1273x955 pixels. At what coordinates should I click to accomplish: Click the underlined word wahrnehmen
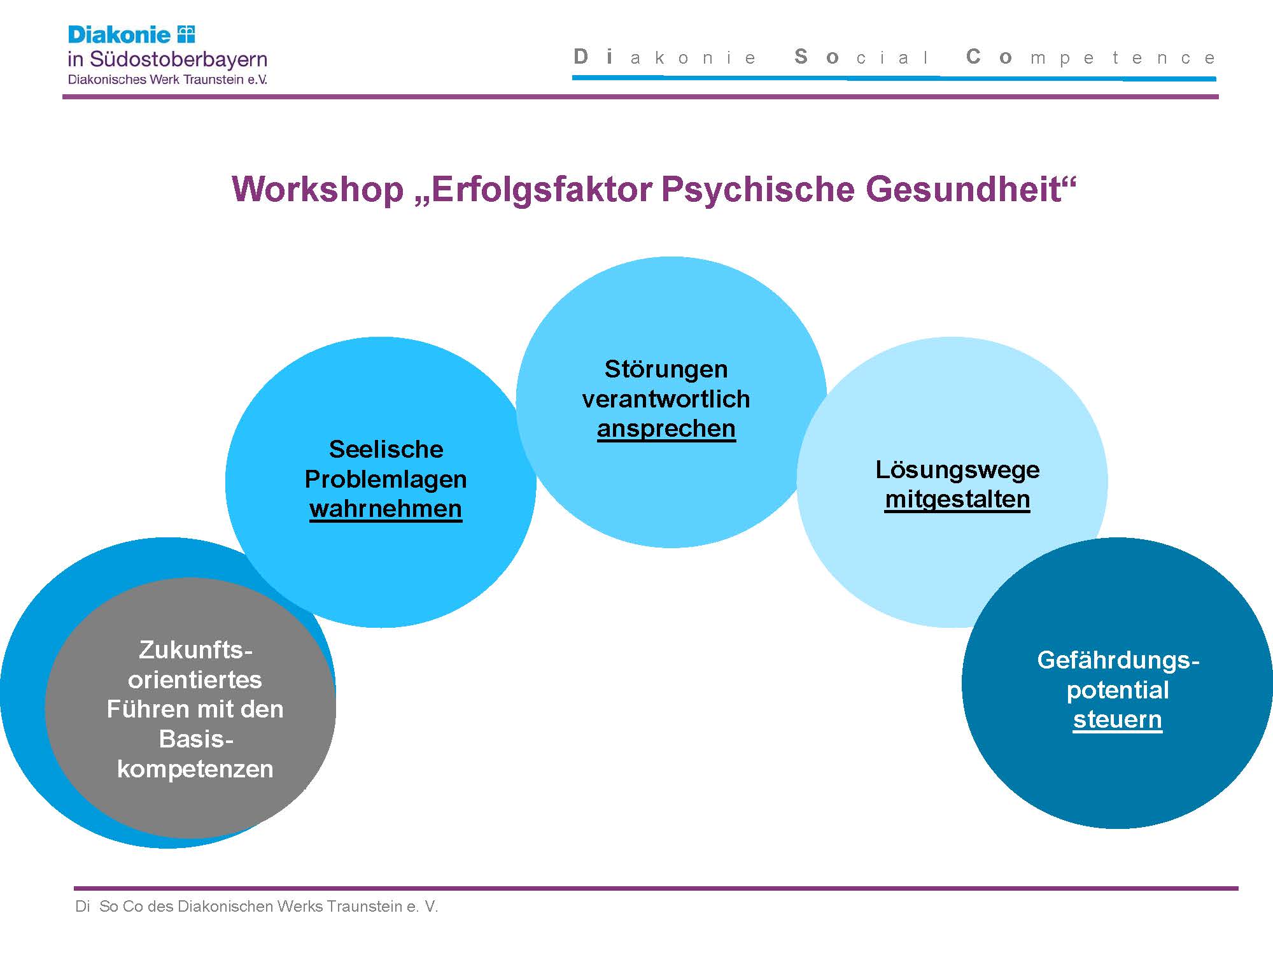point(386,509)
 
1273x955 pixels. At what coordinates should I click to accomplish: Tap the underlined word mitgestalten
point(957,499)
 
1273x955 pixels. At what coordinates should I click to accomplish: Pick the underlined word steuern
point(1118,720)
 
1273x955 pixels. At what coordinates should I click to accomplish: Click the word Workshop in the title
point(318,189)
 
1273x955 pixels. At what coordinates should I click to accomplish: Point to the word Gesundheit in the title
point(964,189)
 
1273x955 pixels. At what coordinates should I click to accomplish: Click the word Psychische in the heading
point(757,189)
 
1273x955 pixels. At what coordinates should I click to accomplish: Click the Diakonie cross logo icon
point(186,34)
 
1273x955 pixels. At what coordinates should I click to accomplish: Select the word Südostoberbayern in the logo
point(178,59)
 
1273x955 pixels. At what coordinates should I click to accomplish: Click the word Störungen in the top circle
point(666,369)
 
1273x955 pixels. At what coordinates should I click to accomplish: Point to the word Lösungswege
point(957,470)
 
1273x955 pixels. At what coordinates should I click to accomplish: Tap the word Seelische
point(386,449)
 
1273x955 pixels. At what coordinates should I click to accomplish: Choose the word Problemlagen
point(386,479)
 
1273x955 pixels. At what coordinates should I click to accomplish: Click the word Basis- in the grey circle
point(196,739)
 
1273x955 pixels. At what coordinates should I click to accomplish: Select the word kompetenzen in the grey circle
point(195,770)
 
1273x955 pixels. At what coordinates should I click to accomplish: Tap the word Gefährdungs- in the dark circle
point(1118,660)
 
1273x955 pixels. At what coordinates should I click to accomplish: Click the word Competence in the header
point(1090,57)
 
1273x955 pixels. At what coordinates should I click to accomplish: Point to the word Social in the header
point(862,57)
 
